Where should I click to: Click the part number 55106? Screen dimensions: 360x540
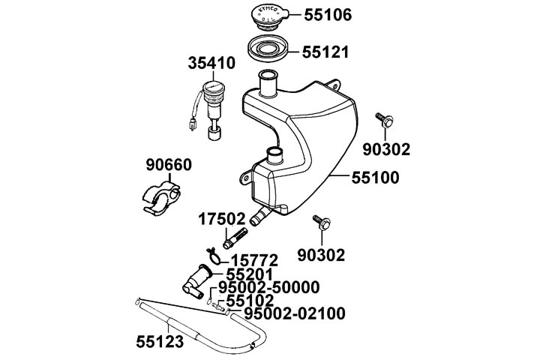pyautogui.click(x=333, y=15)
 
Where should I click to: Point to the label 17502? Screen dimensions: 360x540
pyautogui.click(x=222, y=220)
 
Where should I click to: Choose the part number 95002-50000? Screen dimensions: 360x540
pyautogui.click(x=274, y=287)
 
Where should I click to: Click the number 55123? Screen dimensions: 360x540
pyautogui.click(x=160, y=340)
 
